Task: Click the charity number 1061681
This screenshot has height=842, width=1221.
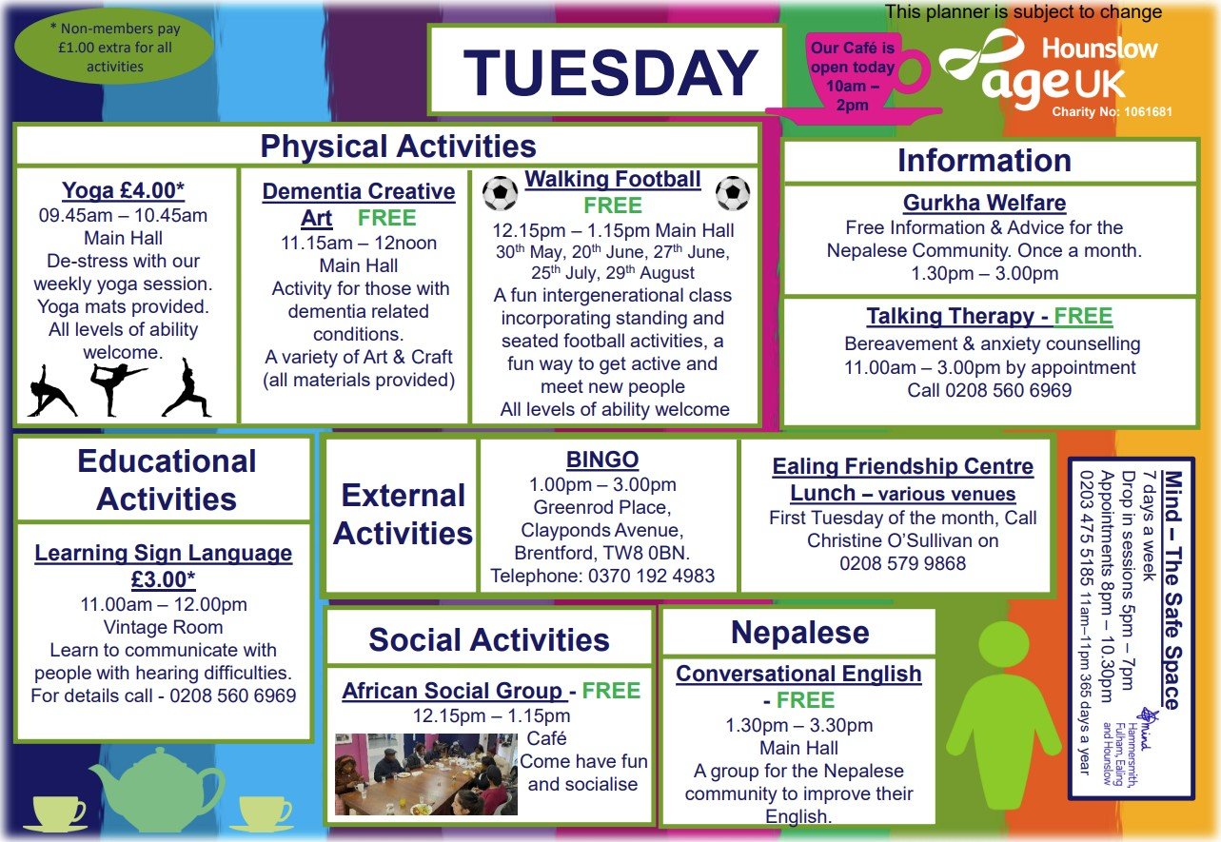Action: pos(1112,111)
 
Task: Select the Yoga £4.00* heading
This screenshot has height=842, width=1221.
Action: pos(124,191)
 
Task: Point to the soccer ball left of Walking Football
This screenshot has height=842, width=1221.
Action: pos(501,193)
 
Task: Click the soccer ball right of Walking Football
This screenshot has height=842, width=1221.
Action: pos(733,193)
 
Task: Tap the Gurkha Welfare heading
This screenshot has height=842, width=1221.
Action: pos(984,203)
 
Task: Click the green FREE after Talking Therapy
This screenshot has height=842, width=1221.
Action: pos(1083,317)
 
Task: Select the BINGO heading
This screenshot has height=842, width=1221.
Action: pos(602,460)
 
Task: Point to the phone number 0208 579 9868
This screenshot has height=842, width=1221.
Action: pos(902,564)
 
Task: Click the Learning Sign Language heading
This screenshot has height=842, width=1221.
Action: pos(164,554)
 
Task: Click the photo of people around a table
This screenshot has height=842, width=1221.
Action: pos(425,774)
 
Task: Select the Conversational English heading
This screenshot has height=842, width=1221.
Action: pos(798,675)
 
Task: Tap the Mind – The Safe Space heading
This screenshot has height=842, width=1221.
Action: pos(1172,590)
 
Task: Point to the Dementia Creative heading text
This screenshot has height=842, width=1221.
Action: pos(359,191)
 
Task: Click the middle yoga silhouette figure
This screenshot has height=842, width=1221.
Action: pos(118,388)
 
